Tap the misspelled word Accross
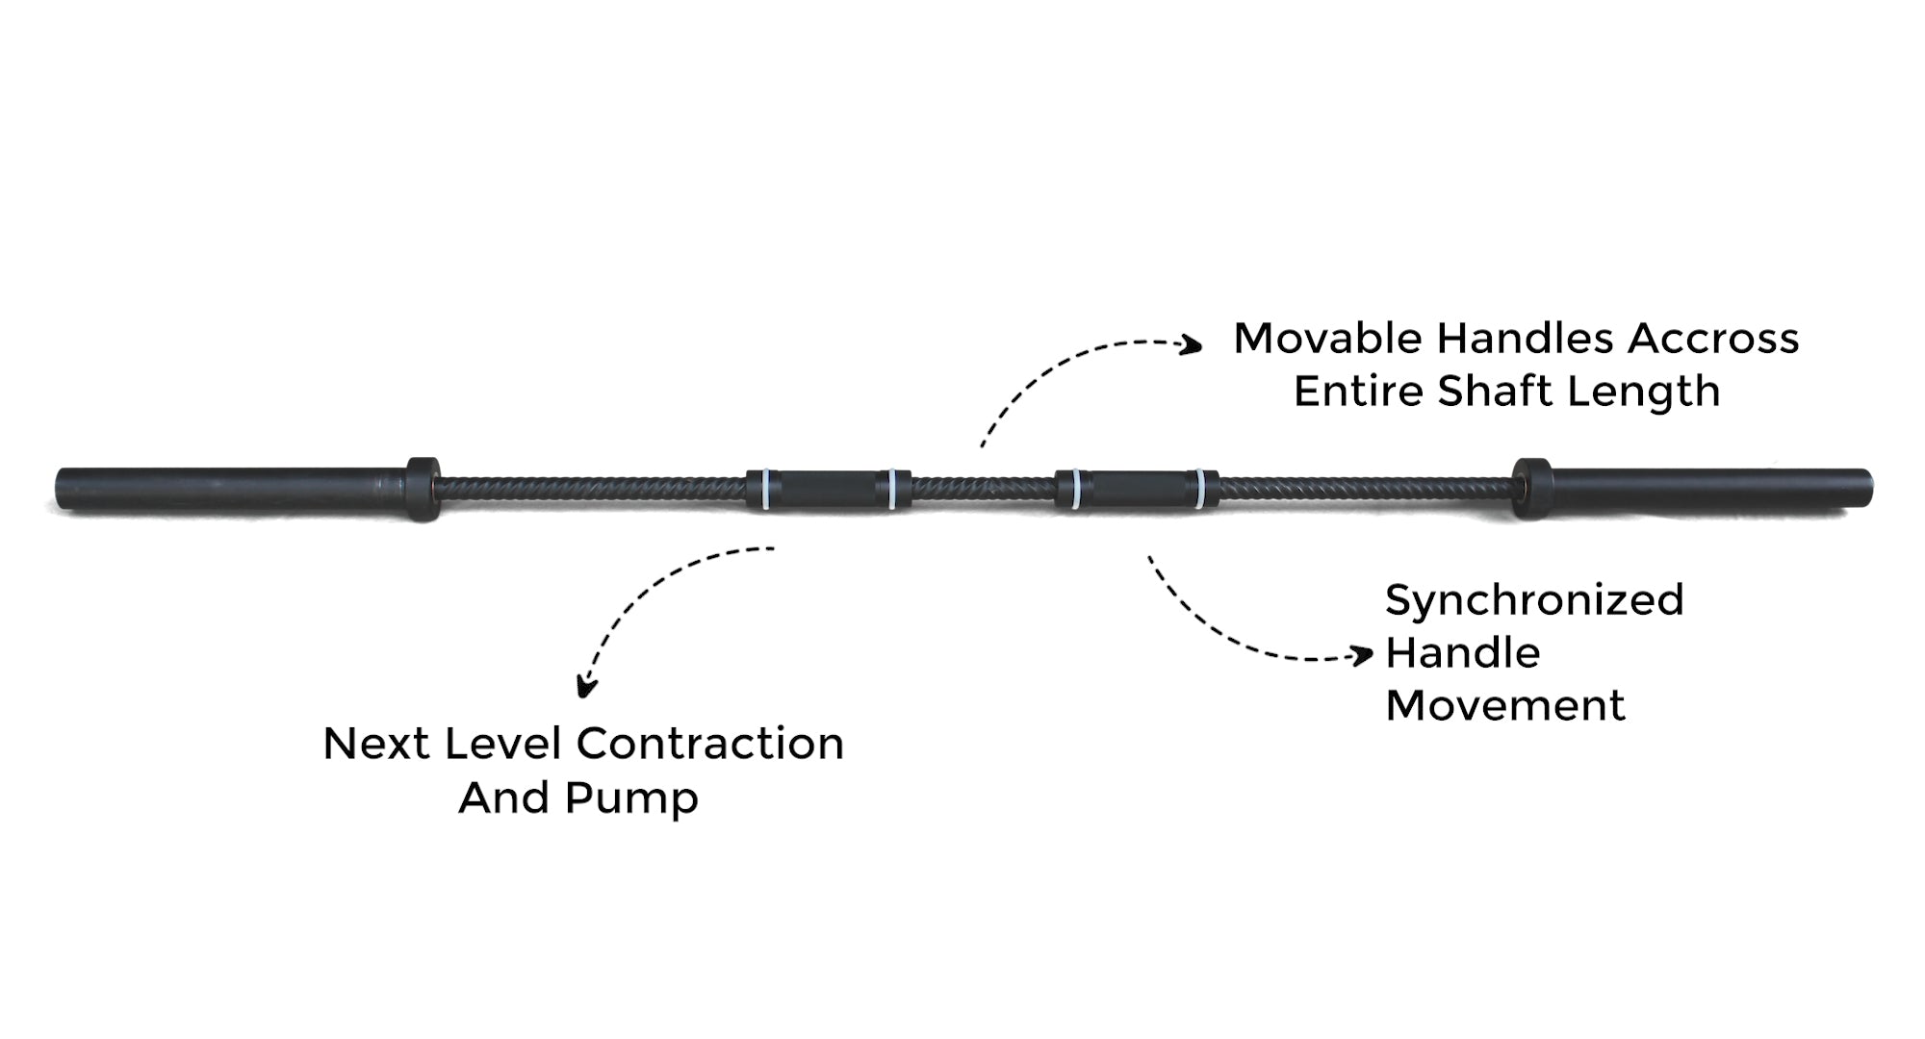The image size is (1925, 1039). point(1713,339)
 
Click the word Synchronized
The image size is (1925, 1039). point(1534,600)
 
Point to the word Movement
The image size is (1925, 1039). point(1504,706)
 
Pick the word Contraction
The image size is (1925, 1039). point(709,744)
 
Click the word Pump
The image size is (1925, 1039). point(630,798)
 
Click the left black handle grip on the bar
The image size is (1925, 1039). point(828,490)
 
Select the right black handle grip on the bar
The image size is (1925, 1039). point(1137,490)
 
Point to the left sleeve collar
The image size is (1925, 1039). point(422,489)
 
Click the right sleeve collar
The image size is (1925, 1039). point(1529,489)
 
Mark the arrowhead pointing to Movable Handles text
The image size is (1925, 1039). point(1193,344)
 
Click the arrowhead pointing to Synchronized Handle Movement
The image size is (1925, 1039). point(1364,656)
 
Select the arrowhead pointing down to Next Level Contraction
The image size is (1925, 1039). point(585,688)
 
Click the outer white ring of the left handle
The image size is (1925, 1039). point(766,490)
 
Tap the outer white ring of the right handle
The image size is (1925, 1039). point(1199,490)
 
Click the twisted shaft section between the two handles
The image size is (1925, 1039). point(982,490)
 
